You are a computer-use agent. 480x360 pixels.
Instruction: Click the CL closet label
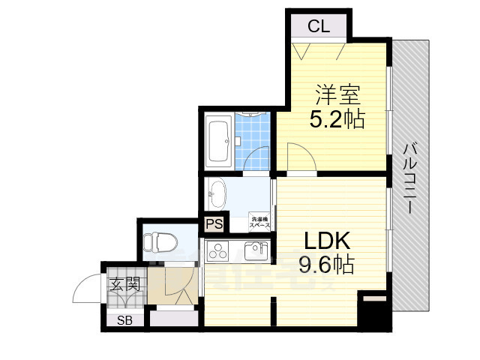[x=319, y=28]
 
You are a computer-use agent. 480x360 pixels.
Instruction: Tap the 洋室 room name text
[x=337, y=96]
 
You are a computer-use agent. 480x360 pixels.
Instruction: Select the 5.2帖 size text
[x=337, y=118]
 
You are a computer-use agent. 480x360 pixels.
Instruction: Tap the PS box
[x=214, y=223]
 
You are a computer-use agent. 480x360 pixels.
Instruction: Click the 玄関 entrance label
[x=124, y=285]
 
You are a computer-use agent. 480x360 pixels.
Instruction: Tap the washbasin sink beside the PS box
[x=217, y=193]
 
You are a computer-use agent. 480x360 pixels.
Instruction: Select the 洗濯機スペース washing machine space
[x=259, y=222]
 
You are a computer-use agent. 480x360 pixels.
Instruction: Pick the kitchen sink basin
[x=255, y=250]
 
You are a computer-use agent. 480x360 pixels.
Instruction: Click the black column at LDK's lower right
[x=372, y=311]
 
